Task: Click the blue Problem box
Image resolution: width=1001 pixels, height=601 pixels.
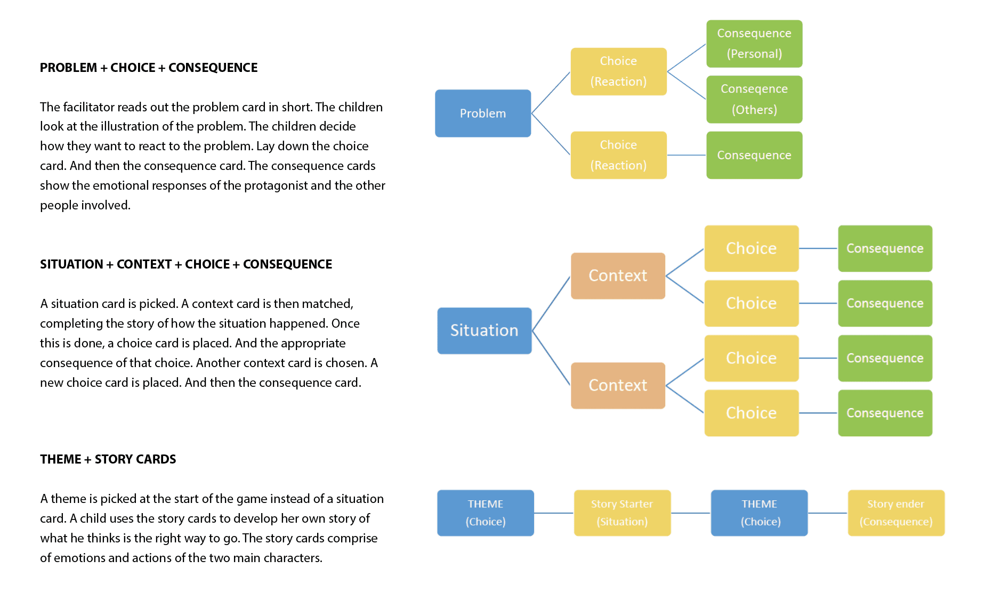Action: (x=483, y=113)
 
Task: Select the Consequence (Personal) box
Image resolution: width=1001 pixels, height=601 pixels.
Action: (x=754, y=44)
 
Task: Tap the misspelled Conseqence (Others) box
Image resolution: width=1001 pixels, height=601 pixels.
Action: (x=754, y=100)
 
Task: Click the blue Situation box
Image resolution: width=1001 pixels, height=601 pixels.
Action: (x=485, y=331)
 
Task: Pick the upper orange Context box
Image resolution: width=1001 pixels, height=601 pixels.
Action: (x=618, y=276)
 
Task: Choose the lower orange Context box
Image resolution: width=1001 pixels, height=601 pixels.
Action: (x=618, y=386)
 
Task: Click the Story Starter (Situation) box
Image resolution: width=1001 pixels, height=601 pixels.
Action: (x=622, y=513)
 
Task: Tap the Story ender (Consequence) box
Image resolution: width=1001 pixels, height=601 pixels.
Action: (x=896, y=513)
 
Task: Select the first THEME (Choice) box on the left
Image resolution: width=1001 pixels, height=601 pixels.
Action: (x=486, y=513)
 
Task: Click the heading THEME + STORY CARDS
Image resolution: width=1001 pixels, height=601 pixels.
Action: (x=108, y=459)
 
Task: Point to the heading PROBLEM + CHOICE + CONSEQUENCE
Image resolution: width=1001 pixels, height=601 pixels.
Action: (x=149, y=68)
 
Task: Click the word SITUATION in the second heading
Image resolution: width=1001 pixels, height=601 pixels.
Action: (x=71, y=264)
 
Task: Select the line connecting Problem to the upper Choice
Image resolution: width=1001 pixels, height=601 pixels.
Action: (x=551, y=93)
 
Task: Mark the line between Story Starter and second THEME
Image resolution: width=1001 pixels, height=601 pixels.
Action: (x=691, y=513)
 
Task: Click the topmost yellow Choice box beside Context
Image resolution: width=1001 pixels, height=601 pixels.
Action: (x=752, y=248)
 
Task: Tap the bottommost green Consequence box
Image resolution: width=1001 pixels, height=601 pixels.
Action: (x=885, y=413)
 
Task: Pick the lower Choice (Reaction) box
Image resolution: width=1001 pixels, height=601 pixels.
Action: (x=619, y=155)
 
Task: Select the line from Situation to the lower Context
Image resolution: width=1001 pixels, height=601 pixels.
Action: (x=551, y=358)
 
